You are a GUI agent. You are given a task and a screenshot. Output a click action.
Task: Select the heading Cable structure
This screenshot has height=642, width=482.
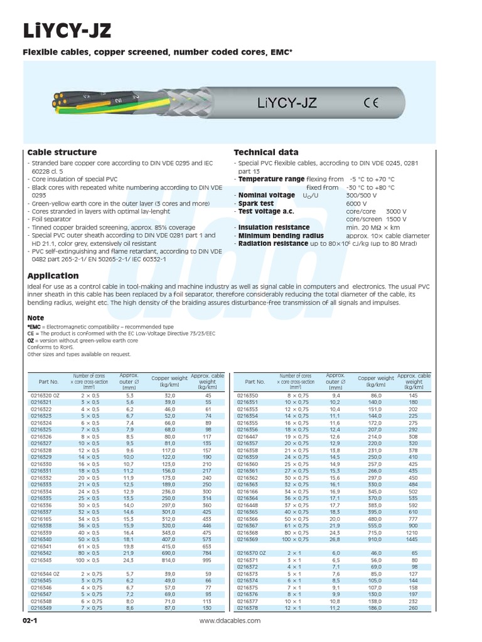pyautogui.click(x=62, y=152)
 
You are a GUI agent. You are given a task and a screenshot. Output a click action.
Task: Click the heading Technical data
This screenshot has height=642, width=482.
pyautogui.click(x=266, y=152)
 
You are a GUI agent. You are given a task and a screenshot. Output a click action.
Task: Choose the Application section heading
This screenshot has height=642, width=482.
pyautogui.click(x=53, y=275)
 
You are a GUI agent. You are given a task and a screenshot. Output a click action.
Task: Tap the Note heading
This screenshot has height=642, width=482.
pyautogui.click(x=36, y=318)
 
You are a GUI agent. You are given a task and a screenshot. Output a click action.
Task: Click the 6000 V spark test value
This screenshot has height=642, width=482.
pyautogui.click(x=356, y=204)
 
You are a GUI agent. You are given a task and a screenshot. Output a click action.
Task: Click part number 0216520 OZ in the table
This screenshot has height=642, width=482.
pyautogui.click(x=46, y=396)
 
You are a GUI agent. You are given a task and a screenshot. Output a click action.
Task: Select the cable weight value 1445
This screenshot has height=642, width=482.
pyautogui.click(x=411, y=539)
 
